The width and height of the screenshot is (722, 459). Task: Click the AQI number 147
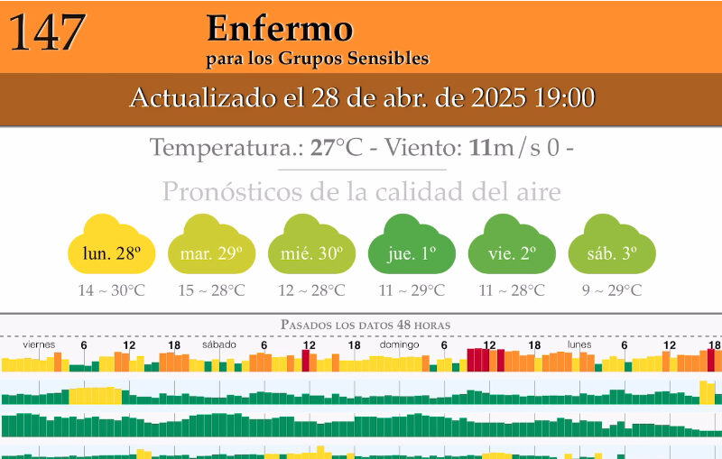[47, 33]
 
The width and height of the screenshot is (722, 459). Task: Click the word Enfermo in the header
[279, 29]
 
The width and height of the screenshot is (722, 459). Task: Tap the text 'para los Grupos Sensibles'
[317, 60]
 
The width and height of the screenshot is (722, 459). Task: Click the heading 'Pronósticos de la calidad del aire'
[361, 192]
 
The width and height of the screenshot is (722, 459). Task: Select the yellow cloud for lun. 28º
[112, 246]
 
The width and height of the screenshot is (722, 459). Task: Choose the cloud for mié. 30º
[311, 246]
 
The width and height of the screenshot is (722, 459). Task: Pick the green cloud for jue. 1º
[412, 246]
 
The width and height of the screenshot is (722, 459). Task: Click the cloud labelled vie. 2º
[512, 246]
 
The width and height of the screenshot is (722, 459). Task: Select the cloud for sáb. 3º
[611, 246]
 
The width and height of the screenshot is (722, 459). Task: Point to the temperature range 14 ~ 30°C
[112, 290]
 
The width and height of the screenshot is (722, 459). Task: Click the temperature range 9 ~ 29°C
[611, 290]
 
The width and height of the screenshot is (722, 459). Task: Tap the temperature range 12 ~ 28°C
[311, 290]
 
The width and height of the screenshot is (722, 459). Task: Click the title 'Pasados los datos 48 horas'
[365, 324]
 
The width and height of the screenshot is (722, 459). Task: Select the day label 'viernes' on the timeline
[39, 344]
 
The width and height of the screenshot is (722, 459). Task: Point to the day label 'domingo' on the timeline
[398, 344]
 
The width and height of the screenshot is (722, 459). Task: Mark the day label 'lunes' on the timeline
[579, 344]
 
